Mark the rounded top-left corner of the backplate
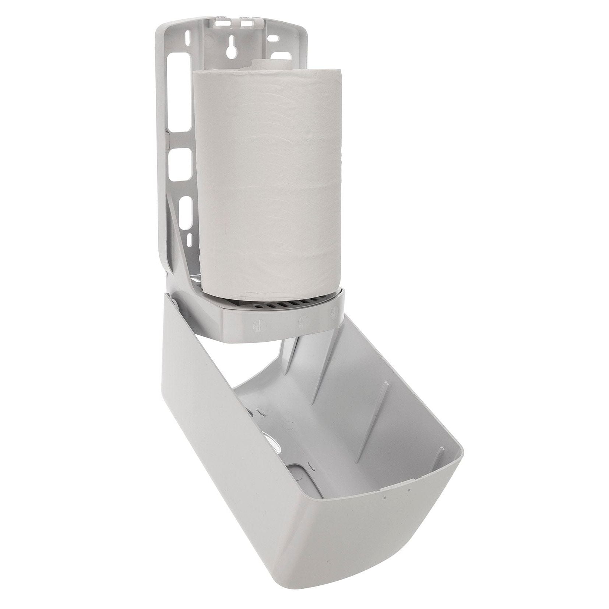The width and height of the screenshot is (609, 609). (x=162, y=28)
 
